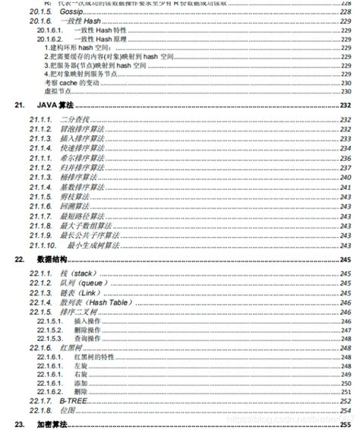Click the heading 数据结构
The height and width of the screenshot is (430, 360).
coord(51,259)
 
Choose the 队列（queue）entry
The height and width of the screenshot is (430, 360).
coord(81,283)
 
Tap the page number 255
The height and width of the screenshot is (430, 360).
coord(346,423)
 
